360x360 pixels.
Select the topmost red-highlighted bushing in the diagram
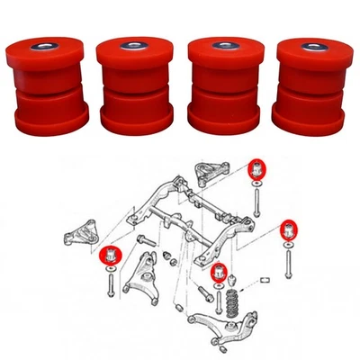pyautogui.click(x=257, y=168)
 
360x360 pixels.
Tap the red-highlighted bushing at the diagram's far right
pyautogui.click(x=288, y=228)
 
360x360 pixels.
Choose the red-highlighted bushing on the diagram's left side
pyautogui.click(x=109, y=254)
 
